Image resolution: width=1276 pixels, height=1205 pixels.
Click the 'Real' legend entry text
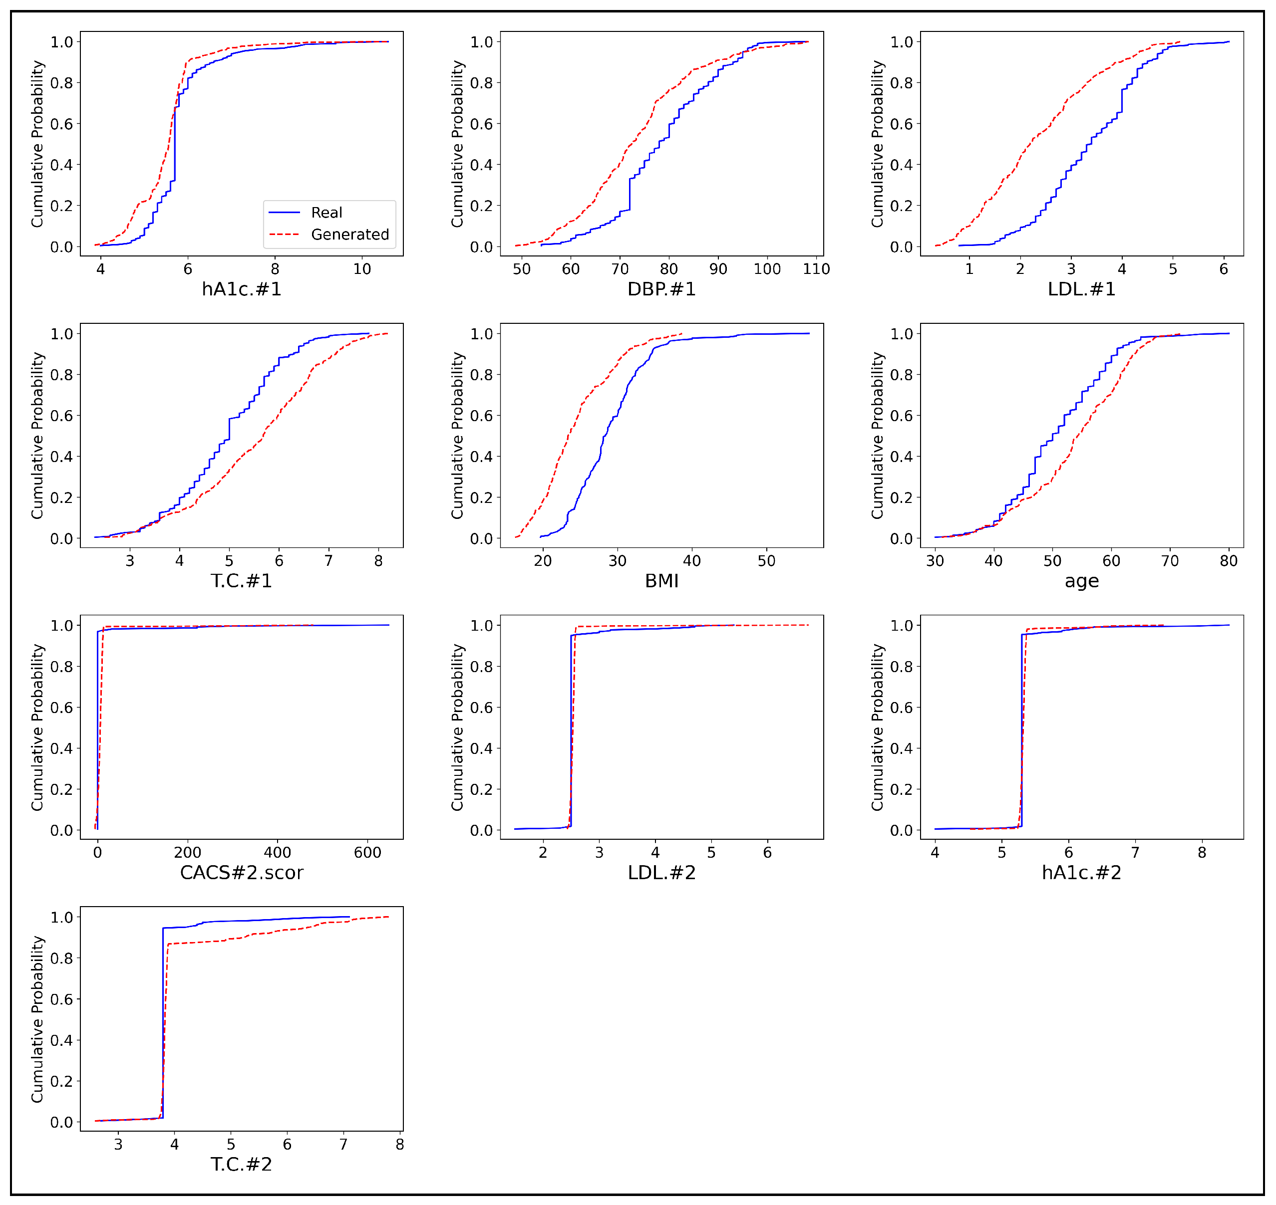point(326,213)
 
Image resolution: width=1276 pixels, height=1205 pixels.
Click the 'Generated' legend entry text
point(349,235)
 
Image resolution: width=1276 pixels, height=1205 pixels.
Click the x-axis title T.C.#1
point(242,581)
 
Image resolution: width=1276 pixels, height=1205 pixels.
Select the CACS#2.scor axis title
point(242,872)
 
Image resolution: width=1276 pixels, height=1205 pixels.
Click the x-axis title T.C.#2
point(242,1164)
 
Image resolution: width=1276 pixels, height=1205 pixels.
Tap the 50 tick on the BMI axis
point(766,561)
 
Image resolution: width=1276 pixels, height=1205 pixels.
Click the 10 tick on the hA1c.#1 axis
point(362,269)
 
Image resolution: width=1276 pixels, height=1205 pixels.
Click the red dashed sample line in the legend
point(284,235)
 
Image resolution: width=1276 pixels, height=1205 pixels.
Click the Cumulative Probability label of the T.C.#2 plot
point(37,1019)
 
